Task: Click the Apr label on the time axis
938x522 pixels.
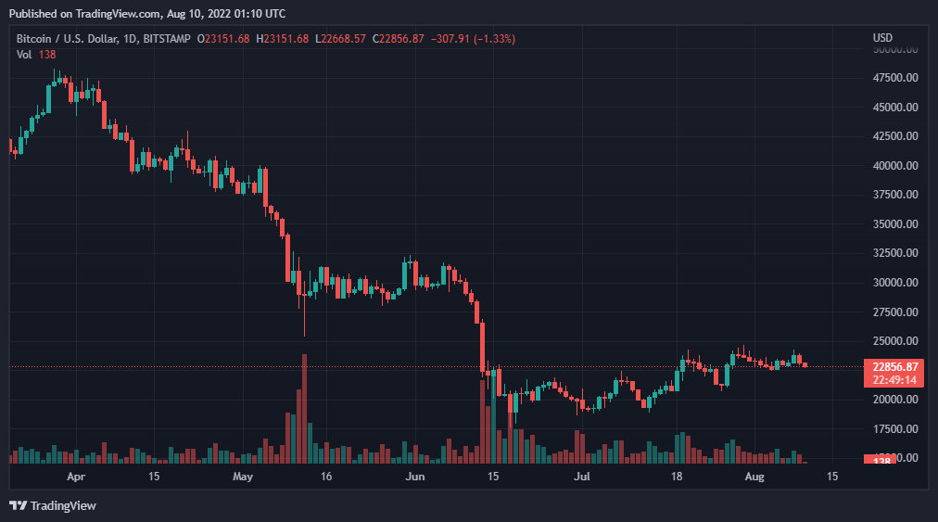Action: coord(77,477)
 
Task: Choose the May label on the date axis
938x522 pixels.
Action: coord(243,477)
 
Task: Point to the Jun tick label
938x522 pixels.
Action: coord(415,477)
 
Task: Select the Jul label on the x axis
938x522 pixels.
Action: coord(581,477)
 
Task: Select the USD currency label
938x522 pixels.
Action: coord(882,38)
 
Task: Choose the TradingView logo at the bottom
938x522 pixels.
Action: coord(53,505)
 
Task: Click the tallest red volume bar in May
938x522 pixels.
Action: coord(304,408)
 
